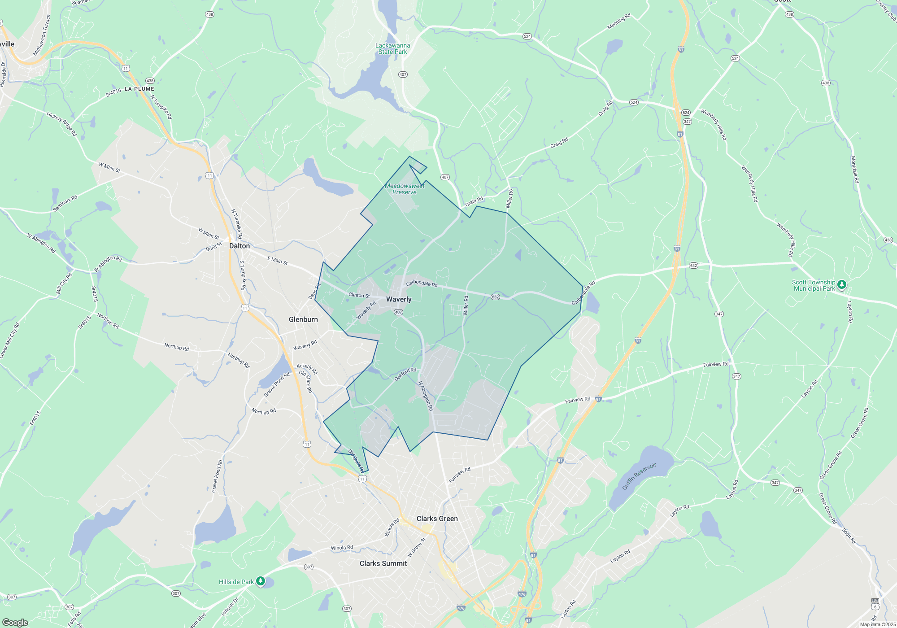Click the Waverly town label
pyautogui.click(x=398, y=299)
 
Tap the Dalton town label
pyautogui.click(x=239, y=246)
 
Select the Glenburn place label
pyautogui.click(x=303, y=319)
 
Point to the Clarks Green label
pyautogui.click(x=437, y=519)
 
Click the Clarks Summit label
pyautogui.click(x=383, y=563)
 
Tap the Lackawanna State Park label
pyautogui.click(x=392, y=48)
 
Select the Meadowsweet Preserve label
pyautogui.click(x=405, y=189)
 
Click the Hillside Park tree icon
pyautogui.click(x=260, y=581)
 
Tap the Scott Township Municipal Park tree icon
pyautogui.click(x=842, y=284)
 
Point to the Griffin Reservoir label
pyautogui.click(x=639, y=476)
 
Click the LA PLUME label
pyautogui.click(x=139, y=89)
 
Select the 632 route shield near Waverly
pyautogui.click(x=495, y=297)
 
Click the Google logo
pyautogui.click(x=15, y=622)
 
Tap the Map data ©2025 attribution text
pyautogui.click(x=878, y=624)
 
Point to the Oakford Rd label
pyautogui.click(x=405, y=375)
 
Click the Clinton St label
pyautogui.click(x=359, y=295)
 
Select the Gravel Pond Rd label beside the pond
pyautogui.click(x=276, y=385)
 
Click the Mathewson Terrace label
pyautogui.click(x=41, y=35)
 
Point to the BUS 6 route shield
pyautogui.click(x=875, y=604)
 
